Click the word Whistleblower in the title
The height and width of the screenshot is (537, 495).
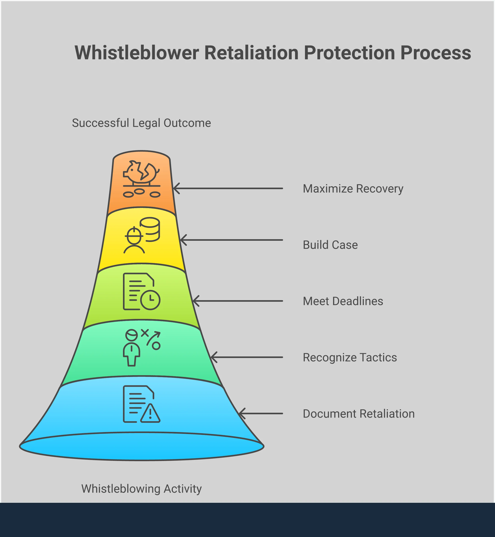tap(137, 53)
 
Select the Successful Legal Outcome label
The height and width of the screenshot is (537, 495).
tap(141, 123)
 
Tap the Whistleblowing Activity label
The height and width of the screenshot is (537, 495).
tap(141, 489)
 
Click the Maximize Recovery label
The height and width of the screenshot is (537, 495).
tap(353, 189)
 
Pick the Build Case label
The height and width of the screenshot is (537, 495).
tap(330, 245)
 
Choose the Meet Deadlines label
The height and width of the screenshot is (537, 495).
tap(343, 301)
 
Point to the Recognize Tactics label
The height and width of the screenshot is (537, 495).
tap(350, 357)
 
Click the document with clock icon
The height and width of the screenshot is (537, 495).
tap(141, 292)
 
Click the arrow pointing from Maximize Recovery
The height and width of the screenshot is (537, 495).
tap(228, 188)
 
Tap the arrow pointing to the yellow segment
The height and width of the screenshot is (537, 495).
tap(231, 240)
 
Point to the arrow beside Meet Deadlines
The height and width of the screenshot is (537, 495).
tap(237, 301)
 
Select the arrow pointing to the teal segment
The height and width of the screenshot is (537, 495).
tap(247, 357)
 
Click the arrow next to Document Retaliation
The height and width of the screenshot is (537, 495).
tap(260, 413)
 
